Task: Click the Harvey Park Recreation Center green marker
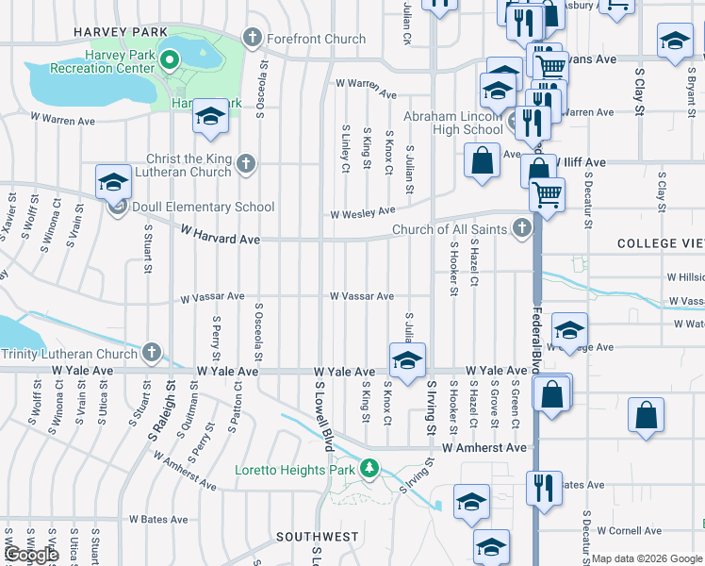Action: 170,62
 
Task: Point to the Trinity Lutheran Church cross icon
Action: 152,353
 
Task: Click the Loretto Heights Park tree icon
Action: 370,468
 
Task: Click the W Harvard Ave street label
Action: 220,240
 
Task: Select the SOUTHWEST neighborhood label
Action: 317,537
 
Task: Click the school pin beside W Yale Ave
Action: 407,361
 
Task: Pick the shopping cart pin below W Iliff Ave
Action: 546,194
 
